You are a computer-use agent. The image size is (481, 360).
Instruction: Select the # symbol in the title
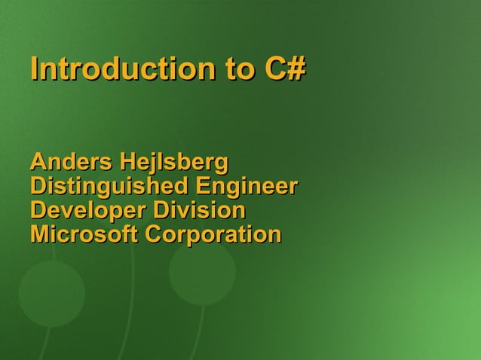pyautogui.click(x=296, y=69)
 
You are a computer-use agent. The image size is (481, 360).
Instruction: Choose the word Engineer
pyautogui.click(x=247, y=186)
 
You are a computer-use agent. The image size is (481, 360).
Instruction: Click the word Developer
pyautogui.click(x=89, y=210)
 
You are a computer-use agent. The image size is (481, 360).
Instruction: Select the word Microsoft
pyautogui.click(x=84, y=233)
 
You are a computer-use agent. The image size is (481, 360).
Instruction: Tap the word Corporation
pyautogui.click(x=213, y=234)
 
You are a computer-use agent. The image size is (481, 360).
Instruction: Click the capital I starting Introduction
pyautogui.click(x=34, y=69)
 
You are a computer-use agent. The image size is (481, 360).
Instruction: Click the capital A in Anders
pyautogui.click(x=39, y=162)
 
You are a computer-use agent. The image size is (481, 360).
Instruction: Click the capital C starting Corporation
pyautogui.click(x=152, y=233)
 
